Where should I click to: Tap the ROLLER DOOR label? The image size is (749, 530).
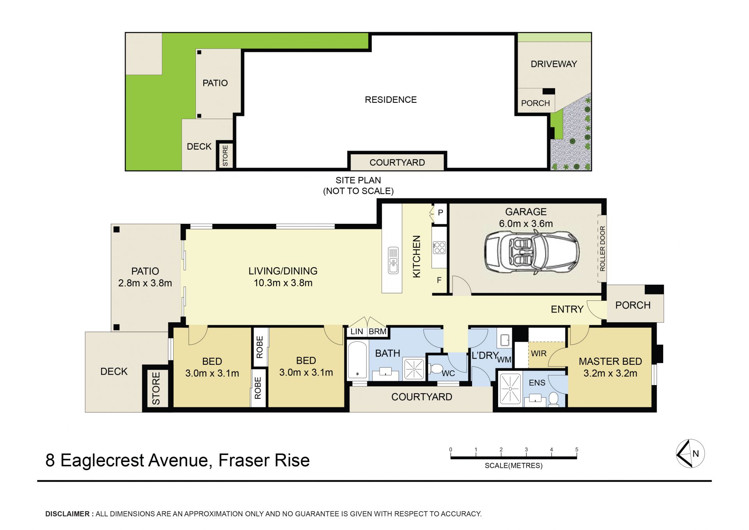602,248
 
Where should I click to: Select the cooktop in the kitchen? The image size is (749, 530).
439,248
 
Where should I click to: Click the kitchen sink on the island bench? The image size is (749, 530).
393,260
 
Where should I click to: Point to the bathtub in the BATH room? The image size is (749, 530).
357,360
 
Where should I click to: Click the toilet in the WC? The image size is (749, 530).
436,369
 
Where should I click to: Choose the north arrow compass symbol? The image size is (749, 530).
690,453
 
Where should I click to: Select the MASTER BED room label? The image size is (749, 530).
610,361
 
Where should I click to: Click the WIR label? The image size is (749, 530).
539,353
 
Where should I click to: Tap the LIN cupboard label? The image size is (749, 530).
357,332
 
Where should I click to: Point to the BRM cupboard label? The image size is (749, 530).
378,332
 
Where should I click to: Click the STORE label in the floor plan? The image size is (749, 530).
156,388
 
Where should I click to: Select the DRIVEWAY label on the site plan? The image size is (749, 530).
554,64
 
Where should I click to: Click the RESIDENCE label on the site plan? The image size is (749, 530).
390,100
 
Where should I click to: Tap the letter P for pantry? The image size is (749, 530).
440,212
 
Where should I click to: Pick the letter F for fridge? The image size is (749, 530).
439,280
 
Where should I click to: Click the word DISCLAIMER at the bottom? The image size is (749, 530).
67,514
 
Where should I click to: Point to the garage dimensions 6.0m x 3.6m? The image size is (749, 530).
526,224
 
